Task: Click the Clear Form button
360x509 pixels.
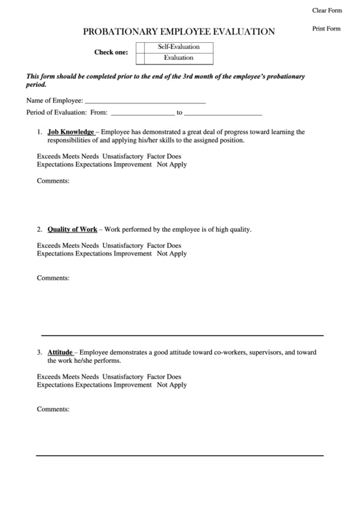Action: coord(327,10)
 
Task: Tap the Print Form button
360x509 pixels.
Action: coord(326,29)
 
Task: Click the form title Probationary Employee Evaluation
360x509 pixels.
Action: coord(179,31)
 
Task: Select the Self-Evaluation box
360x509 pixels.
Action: coord(175,48)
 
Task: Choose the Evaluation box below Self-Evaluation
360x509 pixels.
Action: coord(175,58)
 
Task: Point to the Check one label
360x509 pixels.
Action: coord(111,53)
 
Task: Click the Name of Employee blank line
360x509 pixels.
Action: coord(145,100)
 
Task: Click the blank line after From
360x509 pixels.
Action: coord(142,112)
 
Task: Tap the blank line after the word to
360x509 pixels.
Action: coord(223,112)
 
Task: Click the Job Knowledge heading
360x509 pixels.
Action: coord(71,132)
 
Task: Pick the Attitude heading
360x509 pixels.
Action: coord(60,353)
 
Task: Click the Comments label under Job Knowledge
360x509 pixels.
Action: coord(53,181)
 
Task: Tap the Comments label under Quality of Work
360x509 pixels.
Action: coord(53,278)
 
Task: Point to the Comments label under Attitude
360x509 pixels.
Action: coord(53,409)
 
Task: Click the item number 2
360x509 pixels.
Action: coord(39,229)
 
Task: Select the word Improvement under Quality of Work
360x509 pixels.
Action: coord(132,253)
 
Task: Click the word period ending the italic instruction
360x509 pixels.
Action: coord(36,86)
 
